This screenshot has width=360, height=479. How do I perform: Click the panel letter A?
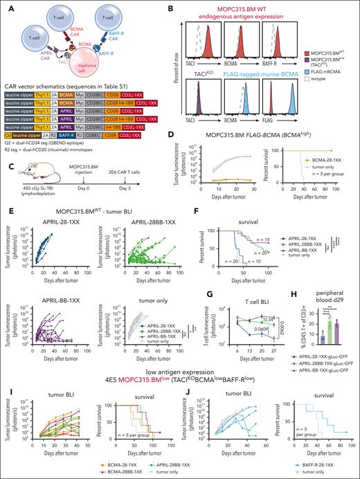6,6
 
